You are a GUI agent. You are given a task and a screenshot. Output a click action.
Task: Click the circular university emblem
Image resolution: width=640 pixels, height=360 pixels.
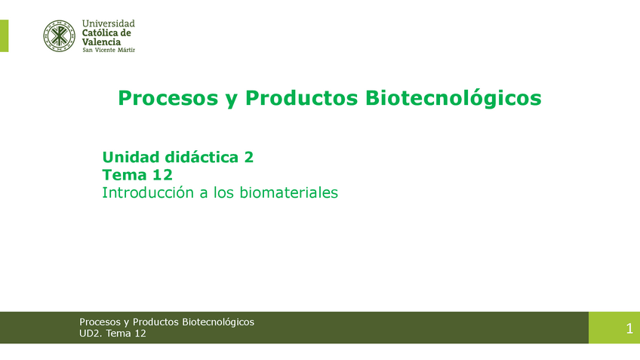click(x=59, y=35)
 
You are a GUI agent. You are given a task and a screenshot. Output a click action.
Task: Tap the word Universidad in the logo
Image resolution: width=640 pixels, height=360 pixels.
click(x=108, y=24)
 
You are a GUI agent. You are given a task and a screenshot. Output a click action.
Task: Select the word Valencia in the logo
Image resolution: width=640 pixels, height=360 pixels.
click(x=101, y=42)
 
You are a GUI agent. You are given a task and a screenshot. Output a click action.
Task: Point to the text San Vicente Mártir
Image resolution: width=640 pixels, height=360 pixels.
click(x=108, y=51)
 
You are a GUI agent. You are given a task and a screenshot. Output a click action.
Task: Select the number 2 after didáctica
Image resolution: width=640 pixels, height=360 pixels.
click(x=248, y=158)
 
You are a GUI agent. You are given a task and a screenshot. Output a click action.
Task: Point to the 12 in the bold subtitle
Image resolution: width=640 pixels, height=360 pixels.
click(x=162, y=175)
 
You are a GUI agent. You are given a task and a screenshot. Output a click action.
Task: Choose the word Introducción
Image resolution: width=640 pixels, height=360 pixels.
click(x=148, y=193)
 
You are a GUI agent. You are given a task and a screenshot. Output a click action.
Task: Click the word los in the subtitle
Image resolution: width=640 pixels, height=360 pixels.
click(x=224, y=193)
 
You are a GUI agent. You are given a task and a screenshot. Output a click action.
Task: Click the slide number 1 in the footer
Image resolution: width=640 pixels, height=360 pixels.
click(x=629, y=328)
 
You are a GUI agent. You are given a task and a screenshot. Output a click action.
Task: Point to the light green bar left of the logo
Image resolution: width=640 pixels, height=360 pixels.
click(x=4, y=35)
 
